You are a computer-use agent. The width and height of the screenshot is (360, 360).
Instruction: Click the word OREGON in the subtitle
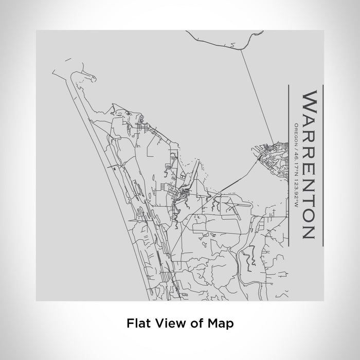[297, 132]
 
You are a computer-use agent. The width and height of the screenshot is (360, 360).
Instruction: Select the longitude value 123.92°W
[297, 184]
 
